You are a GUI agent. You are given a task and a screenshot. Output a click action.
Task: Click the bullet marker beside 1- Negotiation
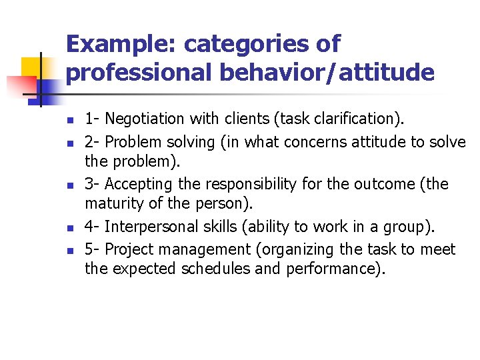click(x=69, y=121)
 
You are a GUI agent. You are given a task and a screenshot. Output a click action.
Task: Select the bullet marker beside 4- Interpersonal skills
click(x=69, y=229)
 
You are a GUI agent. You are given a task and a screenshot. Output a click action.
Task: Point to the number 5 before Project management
click(x=89, y=249)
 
